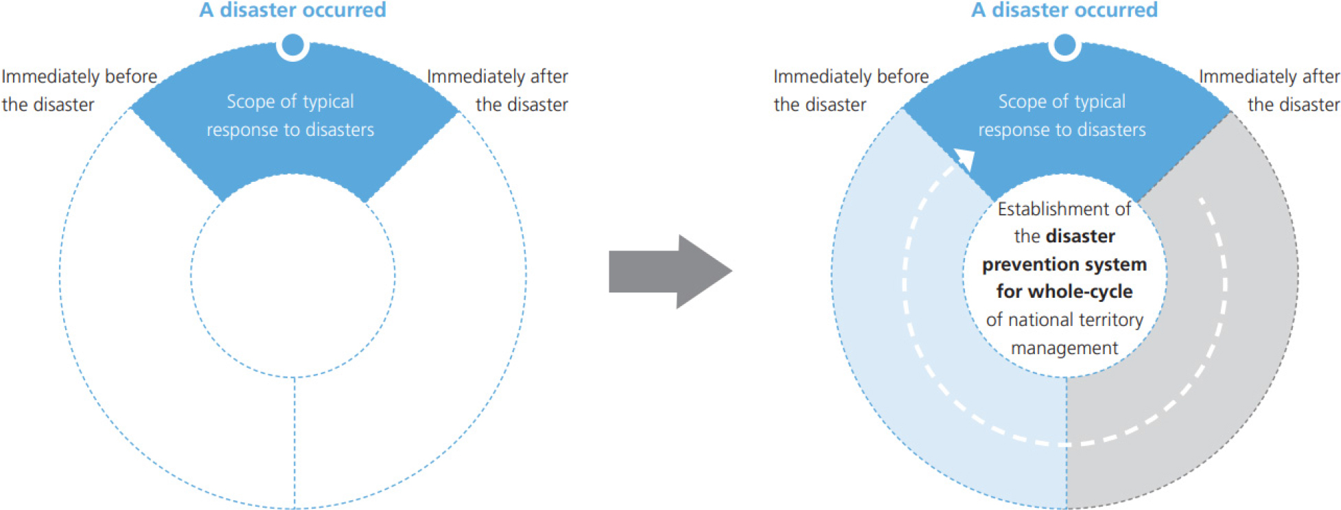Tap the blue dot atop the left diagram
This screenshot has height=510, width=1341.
293,45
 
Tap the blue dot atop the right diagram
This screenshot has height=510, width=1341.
1064,45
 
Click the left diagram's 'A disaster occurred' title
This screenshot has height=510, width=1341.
293,10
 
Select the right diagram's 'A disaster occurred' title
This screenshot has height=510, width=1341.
1064,10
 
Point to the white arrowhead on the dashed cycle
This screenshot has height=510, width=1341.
965,159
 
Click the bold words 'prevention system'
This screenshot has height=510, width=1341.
1064,265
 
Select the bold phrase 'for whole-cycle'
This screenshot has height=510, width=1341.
1064,292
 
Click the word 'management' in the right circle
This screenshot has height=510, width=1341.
1064,349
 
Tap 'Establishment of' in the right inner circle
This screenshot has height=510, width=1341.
1064,209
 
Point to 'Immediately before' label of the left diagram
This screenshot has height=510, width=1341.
79,76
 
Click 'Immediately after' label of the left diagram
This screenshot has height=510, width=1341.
498,76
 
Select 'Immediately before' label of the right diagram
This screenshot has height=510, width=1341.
851,76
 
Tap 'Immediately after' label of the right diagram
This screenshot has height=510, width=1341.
1270,76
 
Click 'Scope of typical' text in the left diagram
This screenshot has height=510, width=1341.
290,102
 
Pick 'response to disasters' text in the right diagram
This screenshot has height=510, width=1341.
1062,130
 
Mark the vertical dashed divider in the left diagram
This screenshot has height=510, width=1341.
294,443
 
